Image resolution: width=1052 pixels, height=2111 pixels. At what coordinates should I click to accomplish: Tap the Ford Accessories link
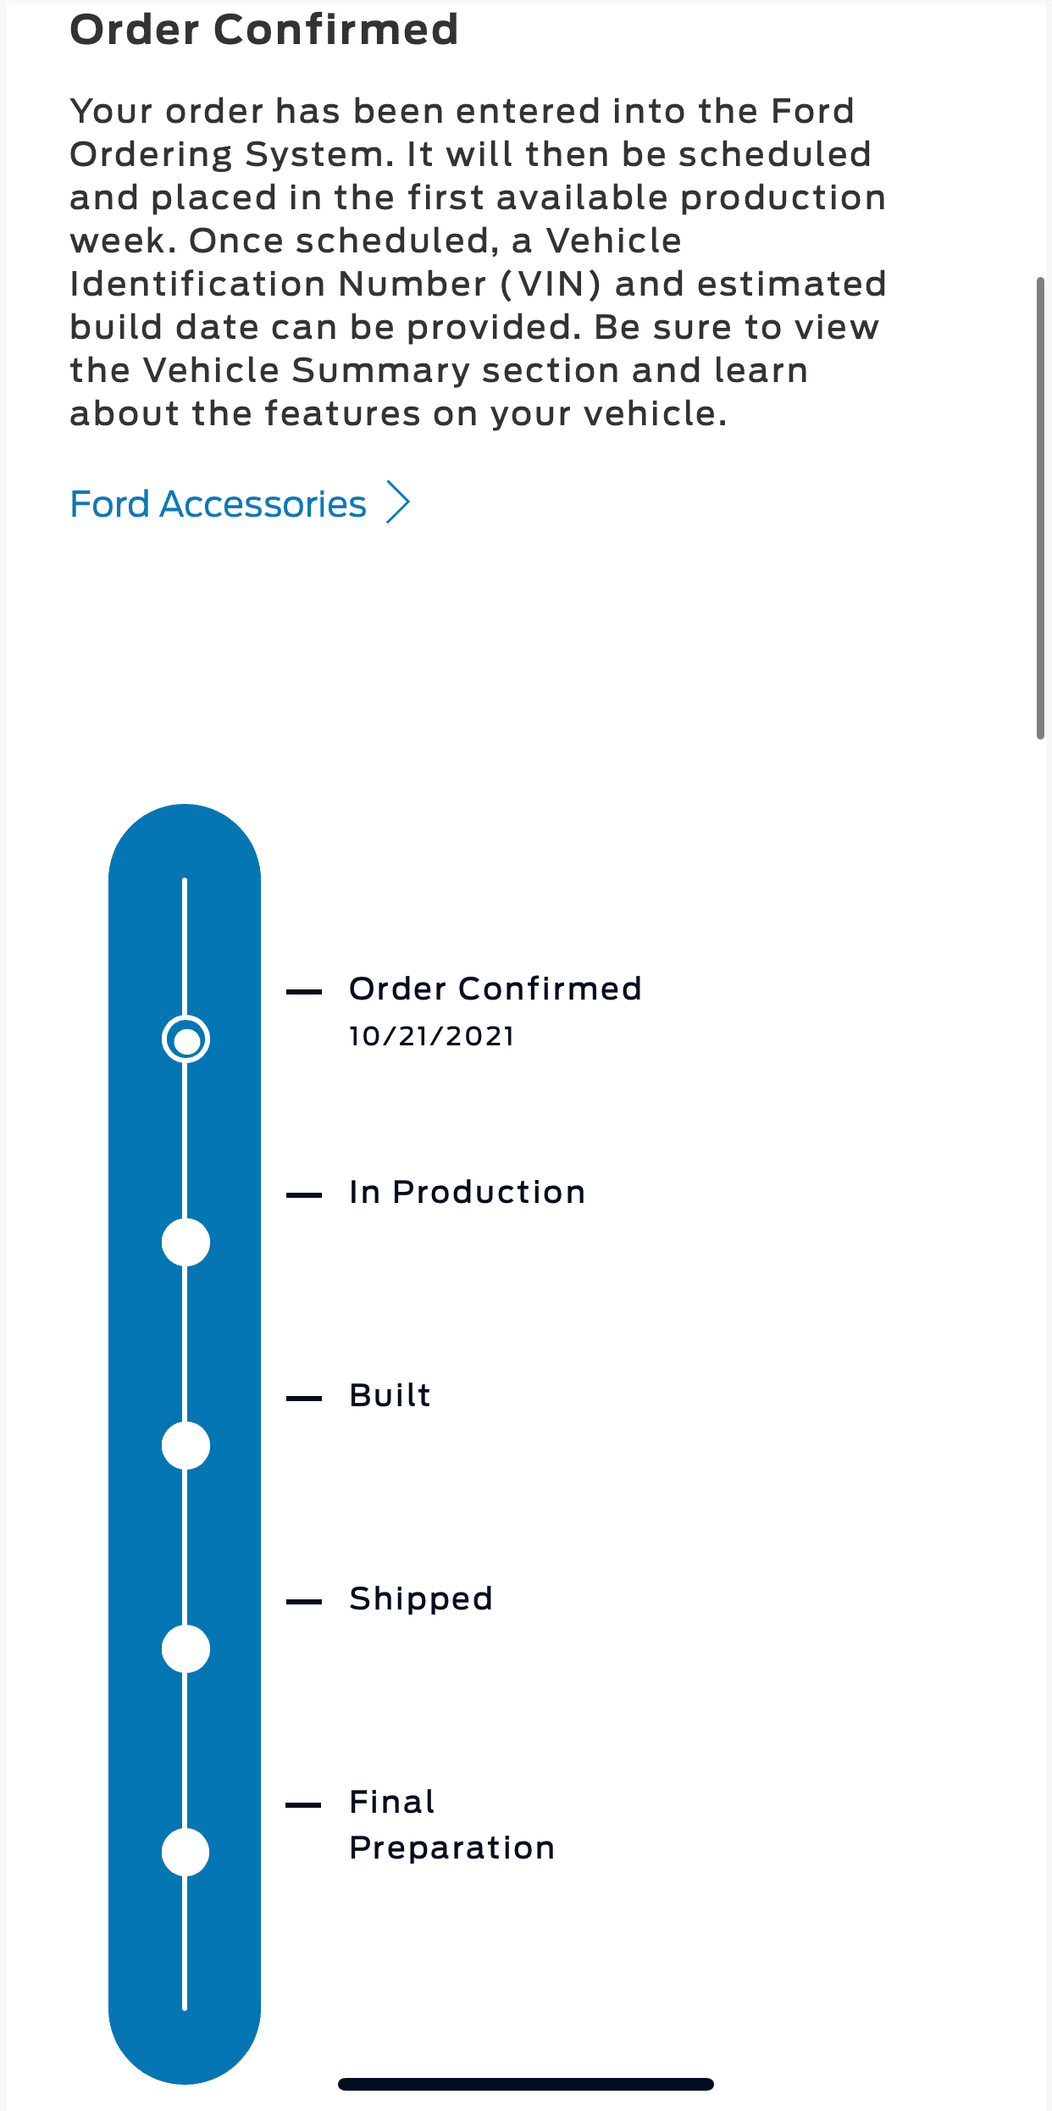point(218,504)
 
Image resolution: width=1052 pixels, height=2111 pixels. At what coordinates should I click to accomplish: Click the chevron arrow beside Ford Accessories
point(398,502)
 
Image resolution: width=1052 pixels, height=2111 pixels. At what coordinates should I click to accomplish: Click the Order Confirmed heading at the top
point(264,30)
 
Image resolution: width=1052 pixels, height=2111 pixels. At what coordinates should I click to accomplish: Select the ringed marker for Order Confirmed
point(185,1039)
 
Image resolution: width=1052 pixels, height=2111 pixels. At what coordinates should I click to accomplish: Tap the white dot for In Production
point(185,1242)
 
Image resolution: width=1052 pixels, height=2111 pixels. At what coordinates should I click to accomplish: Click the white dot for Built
point(185,1445)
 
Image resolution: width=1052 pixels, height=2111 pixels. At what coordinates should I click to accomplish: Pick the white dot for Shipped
point(185,1648)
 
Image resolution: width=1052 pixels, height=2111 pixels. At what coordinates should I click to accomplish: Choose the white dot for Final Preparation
point(185,1852)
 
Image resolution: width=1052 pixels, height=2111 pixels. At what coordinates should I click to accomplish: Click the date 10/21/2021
point(432,1036)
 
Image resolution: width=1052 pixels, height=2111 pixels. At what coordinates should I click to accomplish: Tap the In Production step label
point(468,1192)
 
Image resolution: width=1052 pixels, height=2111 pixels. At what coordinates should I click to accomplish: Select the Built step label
point(390,1395)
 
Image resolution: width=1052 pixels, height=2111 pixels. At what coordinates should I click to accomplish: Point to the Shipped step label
point(421,1599)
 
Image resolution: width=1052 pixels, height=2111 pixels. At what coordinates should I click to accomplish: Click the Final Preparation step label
point(452,1825)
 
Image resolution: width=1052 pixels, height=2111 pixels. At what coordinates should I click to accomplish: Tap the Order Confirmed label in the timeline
point(496,989)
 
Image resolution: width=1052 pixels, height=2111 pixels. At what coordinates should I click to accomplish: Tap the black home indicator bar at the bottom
point(526,2084)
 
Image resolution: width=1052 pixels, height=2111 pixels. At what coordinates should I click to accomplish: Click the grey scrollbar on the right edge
point(1040,508)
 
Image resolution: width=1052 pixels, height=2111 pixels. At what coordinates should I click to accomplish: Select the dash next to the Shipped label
point(304,1601)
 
